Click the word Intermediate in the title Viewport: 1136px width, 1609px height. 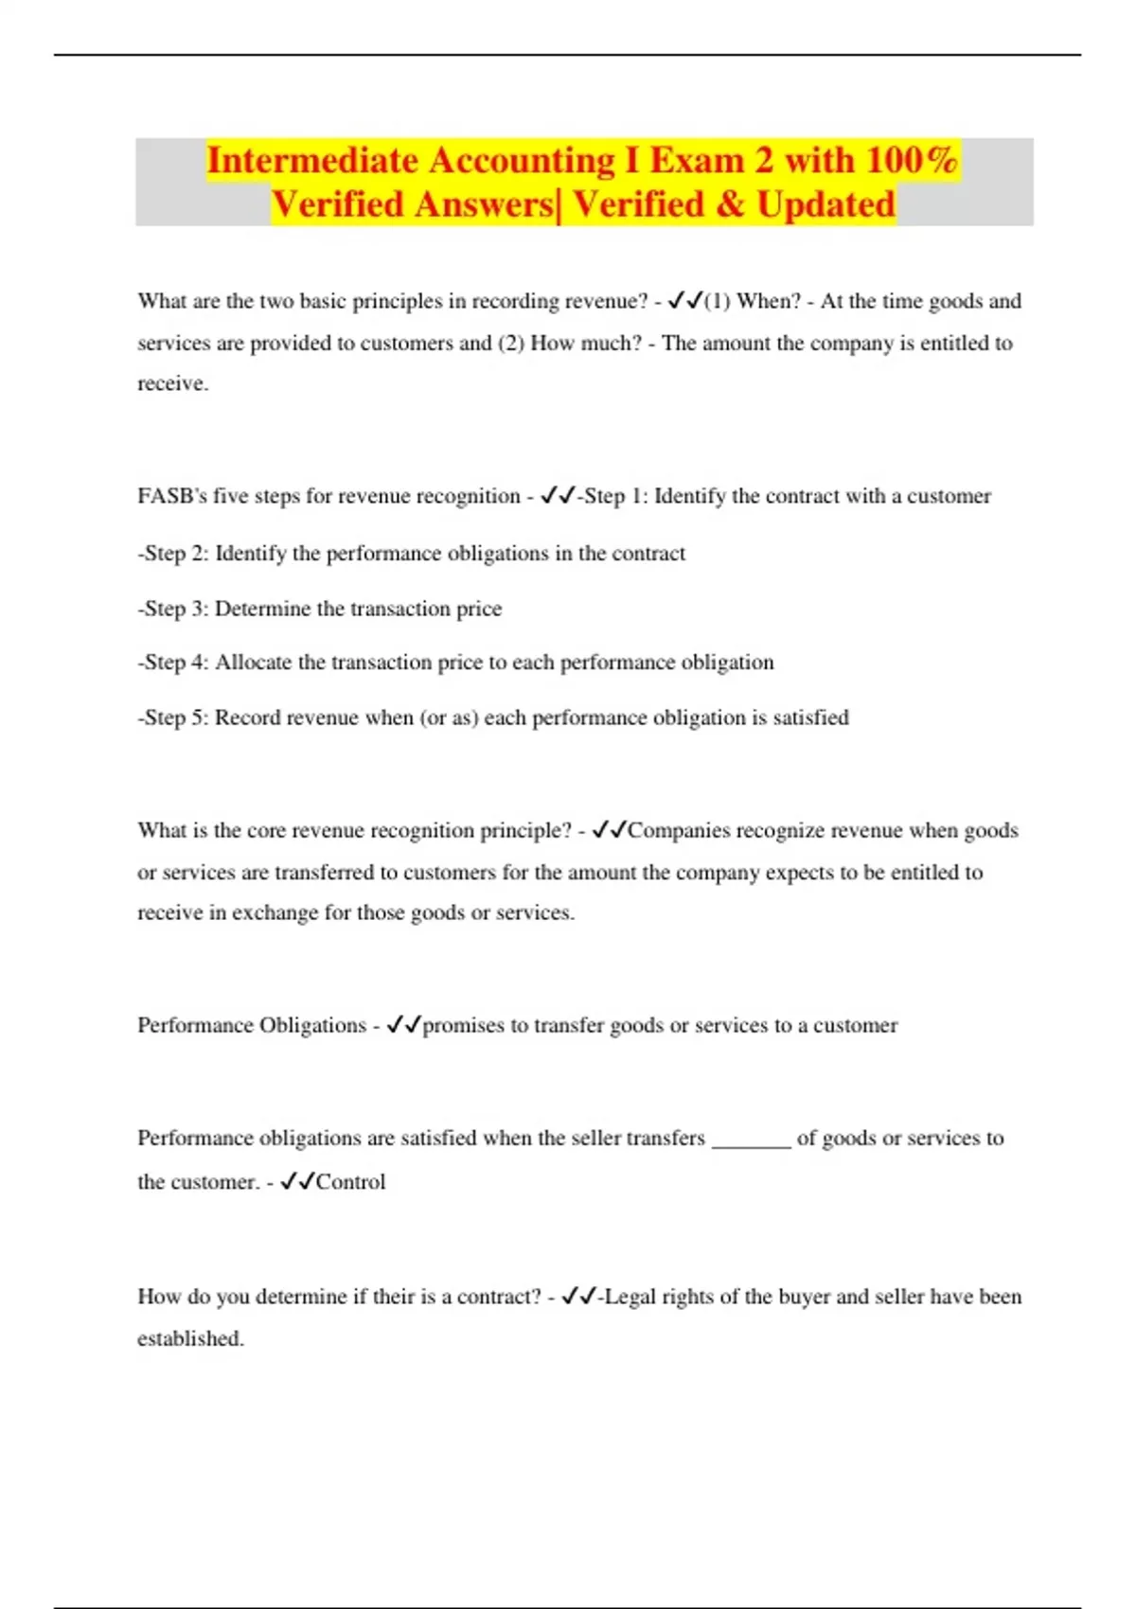point(312,161)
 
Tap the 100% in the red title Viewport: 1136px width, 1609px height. point(911,161)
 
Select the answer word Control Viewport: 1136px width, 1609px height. point(350,1182)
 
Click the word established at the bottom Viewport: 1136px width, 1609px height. point(189,1338)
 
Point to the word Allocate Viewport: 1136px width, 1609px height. point(253,663)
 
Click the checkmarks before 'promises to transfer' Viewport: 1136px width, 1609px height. point(403,1025)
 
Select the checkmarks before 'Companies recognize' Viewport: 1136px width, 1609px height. point(609,830)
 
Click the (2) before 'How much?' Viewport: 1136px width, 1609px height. point(510,343)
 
